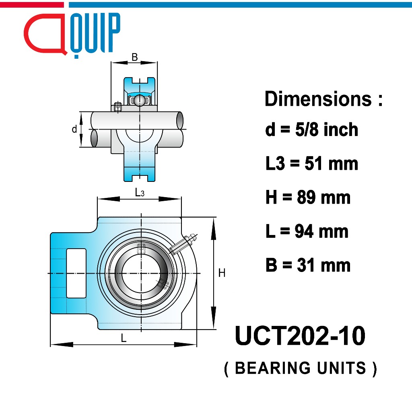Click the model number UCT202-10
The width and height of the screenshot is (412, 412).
[300, 336]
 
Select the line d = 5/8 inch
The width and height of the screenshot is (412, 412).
[312, 130]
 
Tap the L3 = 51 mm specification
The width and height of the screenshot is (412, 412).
[312, 163]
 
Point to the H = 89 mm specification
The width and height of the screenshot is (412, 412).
[308, 197]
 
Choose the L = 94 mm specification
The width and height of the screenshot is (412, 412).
[307, 231]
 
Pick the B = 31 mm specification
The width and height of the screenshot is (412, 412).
[308, 265]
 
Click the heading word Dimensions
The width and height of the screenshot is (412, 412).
[318, 99]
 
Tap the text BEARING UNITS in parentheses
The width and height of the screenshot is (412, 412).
[301, 368]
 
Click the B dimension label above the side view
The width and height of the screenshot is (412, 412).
[134, 57]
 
